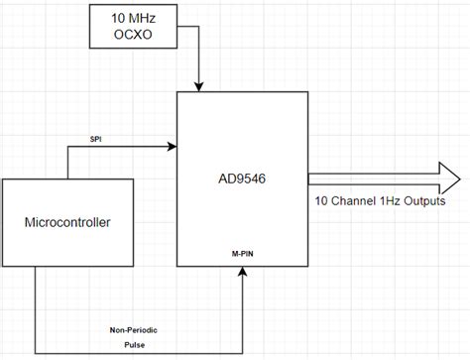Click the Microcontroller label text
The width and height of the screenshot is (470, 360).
click(68, 221)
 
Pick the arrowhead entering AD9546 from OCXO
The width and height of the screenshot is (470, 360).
click(201, 85)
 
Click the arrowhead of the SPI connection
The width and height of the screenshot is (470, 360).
click(172, 149)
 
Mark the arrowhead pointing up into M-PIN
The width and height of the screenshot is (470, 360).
click(242, 273)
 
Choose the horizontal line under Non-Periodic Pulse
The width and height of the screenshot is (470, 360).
click(139, 352)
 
